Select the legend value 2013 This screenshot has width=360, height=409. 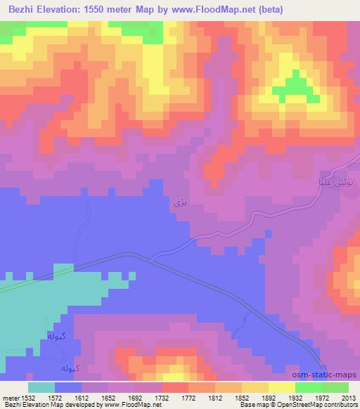click(349, 397)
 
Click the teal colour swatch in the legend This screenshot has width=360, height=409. click(41, 387)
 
